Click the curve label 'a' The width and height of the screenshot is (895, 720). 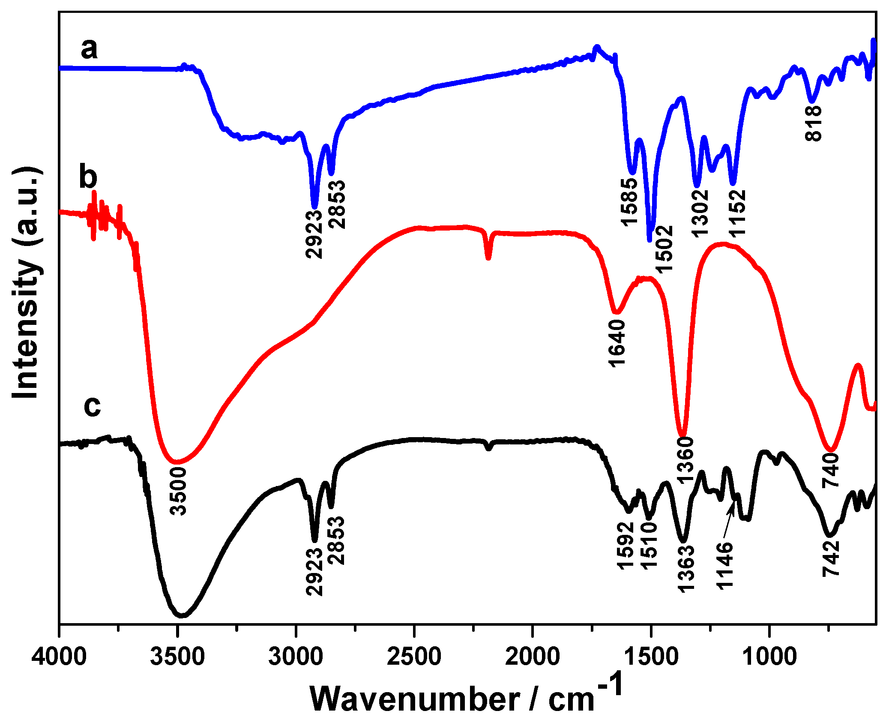point(89,48)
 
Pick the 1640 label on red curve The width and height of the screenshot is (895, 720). point(617,343)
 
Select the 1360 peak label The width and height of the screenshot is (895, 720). point(685,460)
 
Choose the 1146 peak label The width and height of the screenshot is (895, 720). point(725,566)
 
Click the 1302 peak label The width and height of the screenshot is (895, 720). point(700,213)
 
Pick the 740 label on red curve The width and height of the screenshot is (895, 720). point(830,471)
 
